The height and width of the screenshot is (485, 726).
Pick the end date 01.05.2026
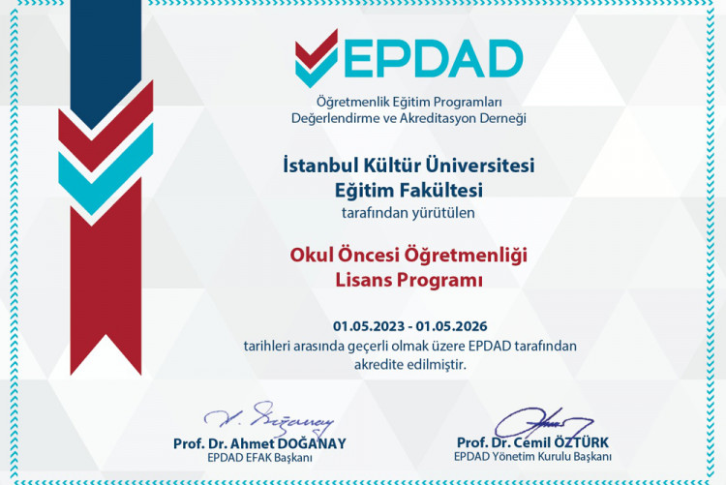[462, 325]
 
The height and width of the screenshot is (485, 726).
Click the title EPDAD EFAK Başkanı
[259, 457]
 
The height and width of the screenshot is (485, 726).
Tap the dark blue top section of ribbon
[106, 53]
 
